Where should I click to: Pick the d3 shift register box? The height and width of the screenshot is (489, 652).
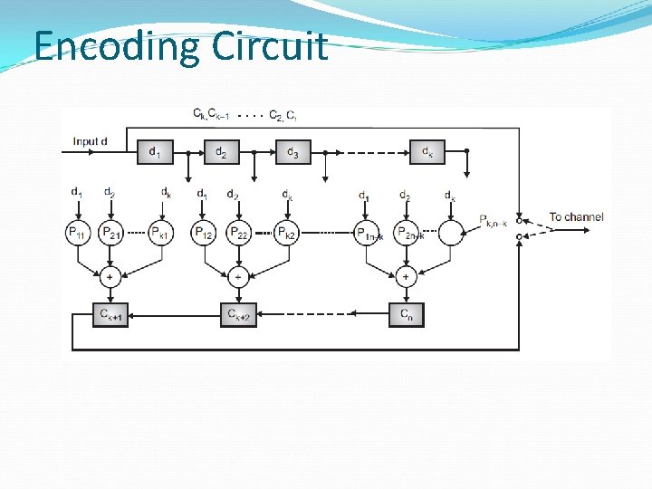[292, 151]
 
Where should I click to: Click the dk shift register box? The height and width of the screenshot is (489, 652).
[427, 151]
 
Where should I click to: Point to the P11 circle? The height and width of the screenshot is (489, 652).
[79, 233]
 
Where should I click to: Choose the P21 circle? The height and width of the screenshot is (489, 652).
[110, 233]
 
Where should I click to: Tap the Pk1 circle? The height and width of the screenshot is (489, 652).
[160, 233]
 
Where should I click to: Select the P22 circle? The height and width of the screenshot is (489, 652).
[237, 233]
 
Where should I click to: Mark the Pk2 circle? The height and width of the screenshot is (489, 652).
[287, 233]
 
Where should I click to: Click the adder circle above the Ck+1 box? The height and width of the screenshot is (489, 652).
[110, 276]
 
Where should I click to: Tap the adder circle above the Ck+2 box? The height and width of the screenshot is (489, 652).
[238, 276]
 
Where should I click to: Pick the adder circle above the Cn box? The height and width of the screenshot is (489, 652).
[406, 276]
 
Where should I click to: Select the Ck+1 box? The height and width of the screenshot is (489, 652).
[110, 314]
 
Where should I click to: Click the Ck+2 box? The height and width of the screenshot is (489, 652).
[239, 314]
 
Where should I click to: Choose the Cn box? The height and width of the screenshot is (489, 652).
[406, 314]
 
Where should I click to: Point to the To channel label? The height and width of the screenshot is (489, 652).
[576, 217]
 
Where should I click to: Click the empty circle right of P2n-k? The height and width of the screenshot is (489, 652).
[450, 233]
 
